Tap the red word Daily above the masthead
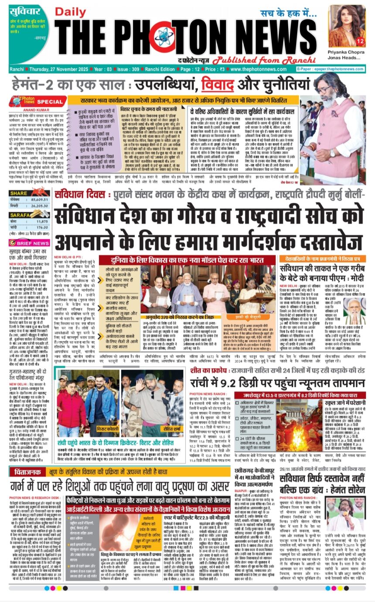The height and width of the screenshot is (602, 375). (x=67, y=13)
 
